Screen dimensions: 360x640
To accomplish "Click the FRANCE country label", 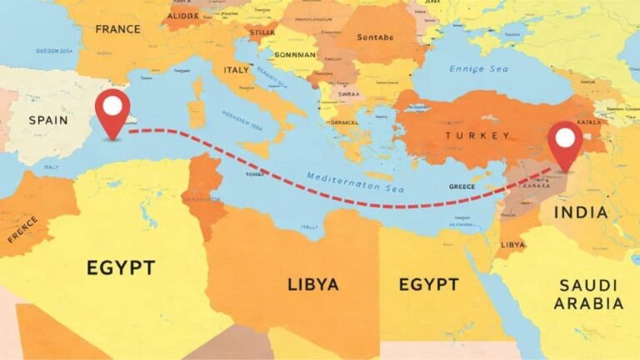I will [x=118, y=29].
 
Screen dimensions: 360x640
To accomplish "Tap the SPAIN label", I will [x=48, y=120].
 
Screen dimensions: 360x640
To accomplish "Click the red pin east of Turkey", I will [x=567, y=145].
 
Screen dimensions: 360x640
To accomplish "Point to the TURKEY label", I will [x=477, y=136].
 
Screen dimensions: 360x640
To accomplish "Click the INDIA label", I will [x=581, y=212].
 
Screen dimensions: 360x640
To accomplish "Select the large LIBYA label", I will [x=313, y=285].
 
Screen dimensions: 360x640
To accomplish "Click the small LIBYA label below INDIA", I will [x=513, y=245].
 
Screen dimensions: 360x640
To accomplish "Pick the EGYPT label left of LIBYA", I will [x=121, y=268].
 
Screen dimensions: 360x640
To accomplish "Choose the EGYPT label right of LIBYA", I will [x=428, y=285].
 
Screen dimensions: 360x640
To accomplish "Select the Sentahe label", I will [x=376, y=37].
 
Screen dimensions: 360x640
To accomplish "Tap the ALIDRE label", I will [x=182, y=15].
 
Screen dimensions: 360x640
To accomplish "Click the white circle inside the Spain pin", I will [x=112, y=106].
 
